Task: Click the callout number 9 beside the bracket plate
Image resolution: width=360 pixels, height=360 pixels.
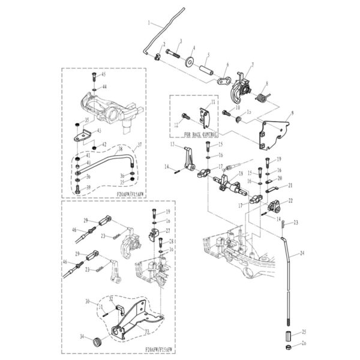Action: [291, 113]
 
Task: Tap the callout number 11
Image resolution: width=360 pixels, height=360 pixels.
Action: [211, 103]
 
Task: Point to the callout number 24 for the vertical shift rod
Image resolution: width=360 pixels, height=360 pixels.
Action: [302, 254]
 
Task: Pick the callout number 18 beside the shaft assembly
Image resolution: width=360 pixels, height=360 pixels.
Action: [241, 174]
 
